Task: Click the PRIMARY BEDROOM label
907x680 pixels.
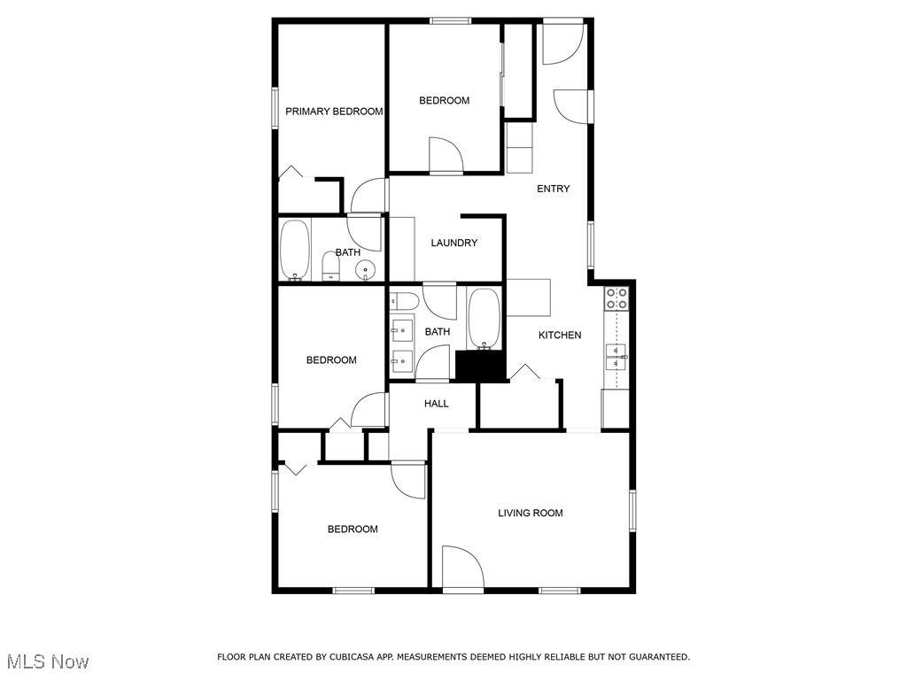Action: [334, 111]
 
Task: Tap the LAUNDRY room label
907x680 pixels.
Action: [454, 243]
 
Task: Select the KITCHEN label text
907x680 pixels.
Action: [560, 335]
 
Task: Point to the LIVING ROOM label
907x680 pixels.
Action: [531, 513]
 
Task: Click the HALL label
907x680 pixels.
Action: [436, 404]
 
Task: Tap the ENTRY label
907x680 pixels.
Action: [554, 189]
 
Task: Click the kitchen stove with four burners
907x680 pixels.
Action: [616, 297]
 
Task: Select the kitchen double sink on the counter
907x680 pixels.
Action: [616, 356]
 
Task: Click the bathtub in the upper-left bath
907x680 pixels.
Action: [295, 250]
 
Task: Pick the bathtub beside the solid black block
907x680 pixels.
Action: [484, 319]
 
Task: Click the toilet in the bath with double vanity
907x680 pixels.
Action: [404, 301]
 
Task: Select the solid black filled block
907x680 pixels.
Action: [481, 366]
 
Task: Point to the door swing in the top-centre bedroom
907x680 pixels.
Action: [446, 154]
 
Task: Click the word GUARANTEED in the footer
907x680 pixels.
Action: [659, 657]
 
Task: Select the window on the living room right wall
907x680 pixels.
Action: [632, 511]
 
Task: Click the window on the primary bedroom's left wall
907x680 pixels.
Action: [275, 107]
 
